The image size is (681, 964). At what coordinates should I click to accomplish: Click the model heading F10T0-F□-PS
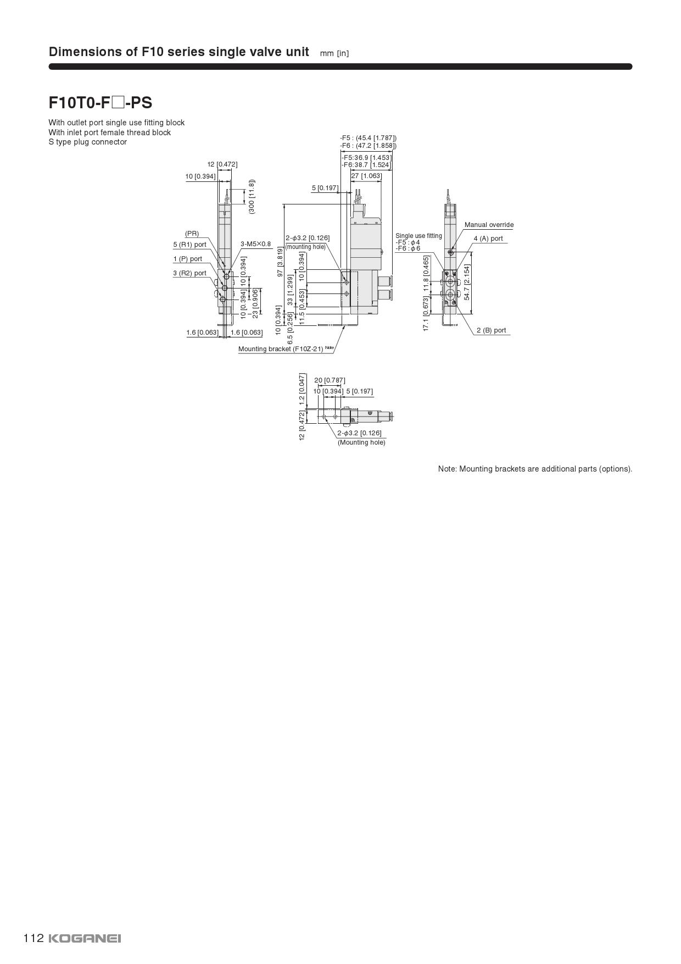[x=100, y=103]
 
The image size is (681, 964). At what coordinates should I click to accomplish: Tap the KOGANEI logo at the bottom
[x=85, y=938]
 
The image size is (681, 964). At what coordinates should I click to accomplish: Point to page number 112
[x=33, y=938]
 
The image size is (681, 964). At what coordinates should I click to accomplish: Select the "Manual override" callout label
[x=489, y=225]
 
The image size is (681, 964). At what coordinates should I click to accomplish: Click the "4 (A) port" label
[x=488, y=239]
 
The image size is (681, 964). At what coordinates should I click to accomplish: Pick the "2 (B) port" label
[x=491, y=330]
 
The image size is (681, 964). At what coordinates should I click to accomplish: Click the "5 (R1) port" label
[x=189, y=245]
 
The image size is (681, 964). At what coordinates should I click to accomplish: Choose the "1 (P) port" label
[x=187, y=259]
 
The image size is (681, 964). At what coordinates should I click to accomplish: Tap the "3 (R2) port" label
[x=189, y=273]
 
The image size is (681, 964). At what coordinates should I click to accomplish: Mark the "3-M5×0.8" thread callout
[x=255, y=244]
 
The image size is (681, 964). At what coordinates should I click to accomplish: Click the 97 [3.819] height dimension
[x=280, y=262]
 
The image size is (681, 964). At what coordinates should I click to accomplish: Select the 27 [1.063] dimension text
[x=366, y=176]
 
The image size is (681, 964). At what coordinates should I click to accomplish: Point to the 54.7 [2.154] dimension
[x=467, y=282]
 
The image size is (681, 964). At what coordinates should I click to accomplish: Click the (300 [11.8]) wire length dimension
[x=252, y=196]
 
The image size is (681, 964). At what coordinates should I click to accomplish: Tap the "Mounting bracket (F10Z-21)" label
[x=281, y=349]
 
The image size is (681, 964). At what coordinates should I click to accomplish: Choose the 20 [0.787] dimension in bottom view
[x=330, y=380]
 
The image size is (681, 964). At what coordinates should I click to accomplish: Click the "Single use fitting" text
[x=418, y=236]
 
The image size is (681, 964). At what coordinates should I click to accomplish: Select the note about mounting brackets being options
[x=535, y=469]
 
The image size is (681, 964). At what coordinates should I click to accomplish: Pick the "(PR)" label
[x=192, y=234]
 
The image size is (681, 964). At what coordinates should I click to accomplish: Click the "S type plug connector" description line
[x=87, y=142]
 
